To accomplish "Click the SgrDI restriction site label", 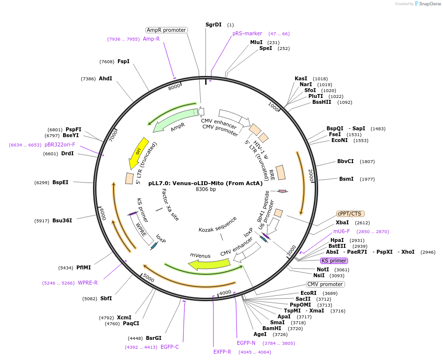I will (213, 24).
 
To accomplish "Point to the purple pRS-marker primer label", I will (247, 34).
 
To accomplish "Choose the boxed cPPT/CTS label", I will (350, 214).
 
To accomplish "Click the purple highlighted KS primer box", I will (334, 261).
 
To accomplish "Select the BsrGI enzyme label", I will (154, 338).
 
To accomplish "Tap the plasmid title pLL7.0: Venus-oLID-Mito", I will (206, 183).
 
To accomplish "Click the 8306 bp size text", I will (206, 189).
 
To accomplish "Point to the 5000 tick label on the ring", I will (148, 279).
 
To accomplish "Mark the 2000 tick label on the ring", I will (311, 175).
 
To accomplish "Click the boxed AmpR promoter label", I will (166, 30).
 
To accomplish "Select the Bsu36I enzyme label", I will (62, 220).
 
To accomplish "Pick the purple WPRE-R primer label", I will (88, 283).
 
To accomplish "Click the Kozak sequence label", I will (217, 224).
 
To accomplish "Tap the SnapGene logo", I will (427, 4).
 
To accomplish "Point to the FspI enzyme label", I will (123, 61).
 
